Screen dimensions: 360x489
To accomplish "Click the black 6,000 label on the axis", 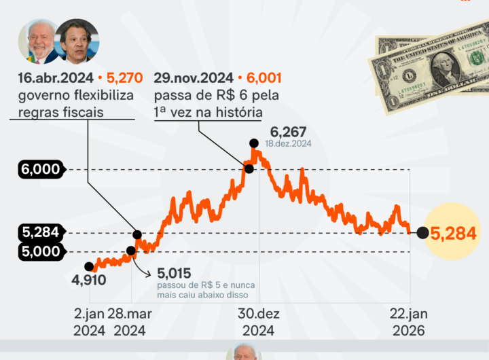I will [41, 170].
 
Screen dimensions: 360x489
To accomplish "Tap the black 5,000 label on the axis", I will [41, 251].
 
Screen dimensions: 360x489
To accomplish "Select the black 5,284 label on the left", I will [41, 233].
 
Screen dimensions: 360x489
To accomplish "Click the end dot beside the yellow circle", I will [422, 234].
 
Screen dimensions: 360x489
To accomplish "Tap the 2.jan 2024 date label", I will [89, 323].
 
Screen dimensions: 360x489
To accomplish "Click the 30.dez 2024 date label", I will [258, 323].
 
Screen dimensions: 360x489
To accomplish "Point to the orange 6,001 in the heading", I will [264, 78].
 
